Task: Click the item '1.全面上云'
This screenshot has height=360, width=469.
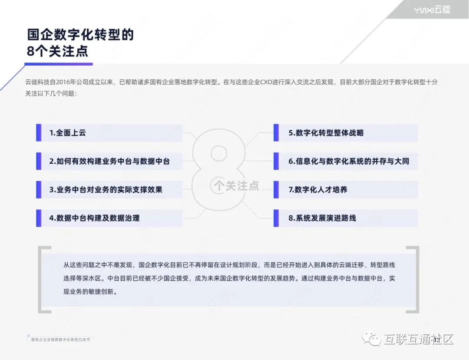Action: pos(67,133)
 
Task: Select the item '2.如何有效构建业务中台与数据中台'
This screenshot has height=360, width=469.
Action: pos(109,161)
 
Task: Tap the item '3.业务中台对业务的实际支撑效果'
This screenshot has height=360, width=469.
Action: pos(106,190)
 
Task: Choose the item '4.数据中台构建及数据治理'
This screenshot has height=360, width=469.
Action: pos(94,218)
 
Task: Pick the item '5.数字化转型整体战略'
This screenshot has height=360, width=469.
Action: pos(326,133)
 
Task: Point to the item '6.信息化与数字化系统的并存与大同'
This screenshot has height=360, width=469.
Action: pos(349,161)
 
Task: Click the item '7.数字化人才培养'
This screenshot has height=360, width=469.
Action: pos(318,190)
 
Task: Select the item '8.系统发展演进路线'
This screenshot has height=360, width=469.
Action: pos(322,218)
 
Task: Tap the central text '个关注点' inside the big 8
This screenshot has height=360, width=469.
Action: pos(236,186)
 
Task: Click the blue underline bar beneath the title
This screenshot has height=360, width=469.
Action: pos(59,64)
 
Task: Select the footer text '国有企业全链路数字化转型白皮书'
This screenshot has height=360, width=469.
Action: pos(60,339)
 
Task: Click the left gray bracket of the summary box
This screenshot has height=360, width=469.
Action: pos(42,280)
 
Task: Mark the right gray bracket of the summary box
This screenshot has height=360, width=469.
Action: pos(416,280)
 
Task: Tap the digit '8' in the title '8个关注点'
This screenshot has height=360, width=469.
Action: pos(31,51)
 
